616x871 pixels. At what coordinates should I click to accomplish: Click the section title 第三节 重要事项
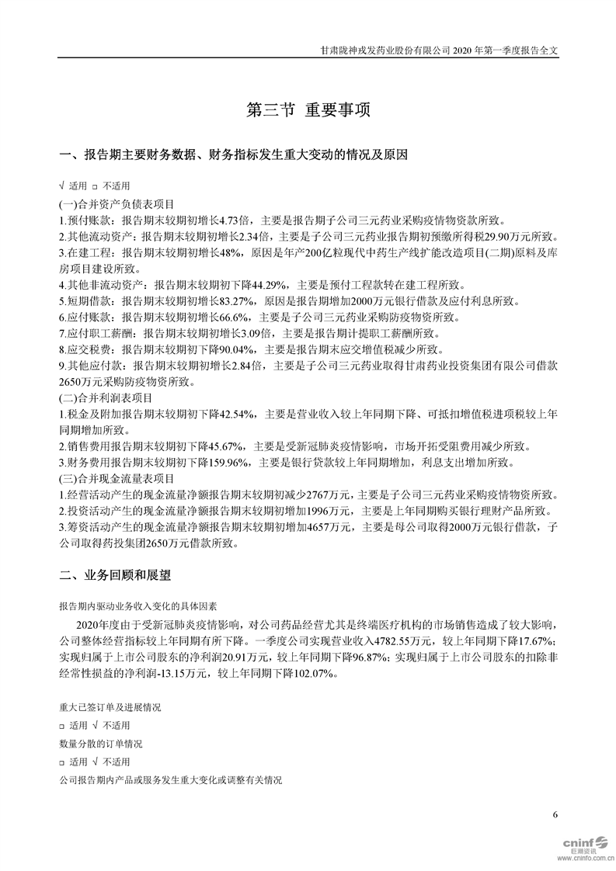pyautogui.click(x=308, y=109)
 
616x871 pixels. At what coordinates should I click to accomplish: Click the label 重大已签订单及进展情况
pyautogui.click(x=110, y=708)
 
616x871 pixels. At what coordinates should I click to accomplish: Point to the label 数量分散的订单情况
pyautogui.click(x=100, y=744)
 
